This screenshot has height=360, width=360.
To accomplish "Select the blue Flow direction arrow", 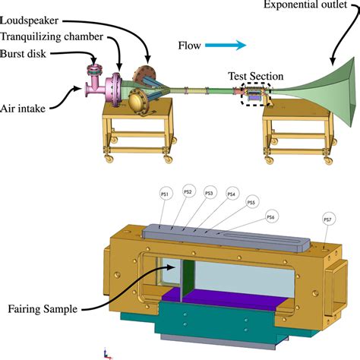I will point(230,46).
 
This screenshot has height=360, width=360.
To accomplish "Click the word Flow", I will point(189,46).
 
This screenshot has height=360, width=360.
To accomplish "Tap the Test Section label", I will point(256,76).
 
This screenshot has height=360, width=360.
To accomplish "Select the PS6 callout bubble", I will point(270,218).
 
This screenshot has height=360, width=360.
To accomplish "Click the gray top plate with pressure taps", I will point(228,242).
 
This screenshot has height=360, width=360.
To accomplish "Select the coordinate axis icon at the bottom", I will point(106,352).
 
